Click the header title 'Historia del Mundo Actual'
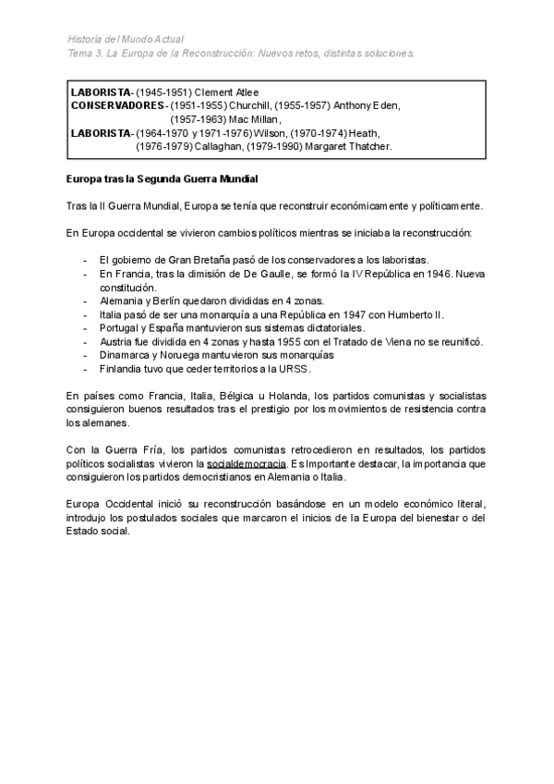(x=126, y=39)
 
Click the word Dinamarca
(x=126, y=354)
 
